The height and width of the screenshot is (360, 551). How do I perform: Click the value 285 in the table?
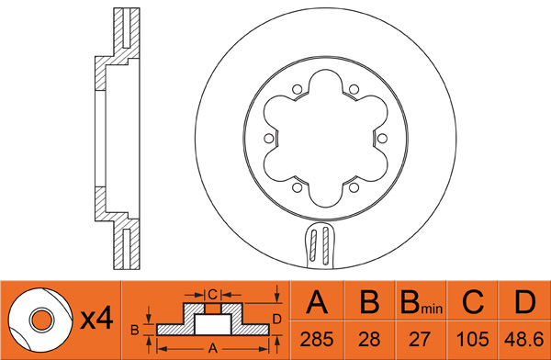tap(317, 340)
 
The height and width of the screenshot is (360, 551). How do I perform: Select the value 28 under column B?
tap(369, 340)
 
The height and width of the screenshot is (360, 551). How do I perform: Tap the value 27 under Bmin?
tap(420, 340)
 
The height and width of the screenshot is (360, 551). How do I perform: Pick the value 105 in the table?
tap(472, 340)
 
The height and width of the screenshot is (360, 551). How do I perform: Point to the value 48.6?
tap(524, 340)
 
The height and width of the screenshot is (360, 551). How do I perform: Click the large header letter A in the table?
tap(317, 301)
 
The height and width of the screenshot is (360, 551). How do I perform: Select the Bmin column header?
tap(421, 302)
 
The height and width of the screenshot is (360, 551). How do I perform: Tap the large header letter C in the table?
tap(473, 301)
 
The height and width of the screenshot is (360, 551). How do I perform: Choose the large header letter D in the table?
tap(524, 301)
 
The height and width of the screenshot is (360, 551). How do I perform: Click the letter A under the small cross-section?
tap(213, 348)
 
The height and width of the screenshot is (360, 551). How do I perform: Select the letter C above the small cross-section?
tap(213, 294)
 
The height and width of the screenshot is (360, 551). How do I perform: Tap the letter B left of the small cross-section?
tap(135, 330)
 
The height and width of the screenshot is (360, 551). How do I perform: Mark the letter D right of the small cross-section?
tap(277, 320)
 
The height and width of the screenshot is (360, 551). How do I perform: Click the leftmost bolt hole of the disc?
tap(269, 139)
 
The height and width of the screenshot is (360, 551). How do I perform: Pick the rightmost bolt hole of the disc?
tap(382, 139)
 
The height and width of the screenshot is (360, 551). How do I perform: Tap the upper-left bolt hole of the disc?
tap(298, 89)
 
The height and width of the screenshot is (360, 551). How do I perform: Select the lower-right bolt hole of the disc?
tap(354, 187)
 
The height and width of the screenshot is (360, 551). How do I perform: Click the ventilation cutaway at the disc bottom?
tap(320, 245)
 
